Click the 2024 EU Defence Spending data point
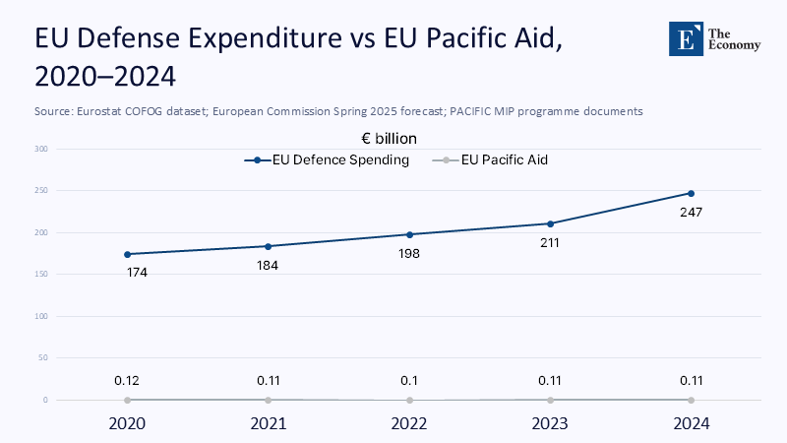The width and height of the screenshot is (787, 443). [x=691, y=193]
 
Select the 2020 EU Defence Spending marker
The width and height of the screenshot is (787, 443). [x=128, y=254]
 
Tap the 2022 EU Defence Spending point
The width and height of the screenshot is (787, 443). [x=409, y=234]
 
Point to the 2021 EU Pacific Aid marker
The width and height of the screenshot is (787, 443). [x=269, y=400]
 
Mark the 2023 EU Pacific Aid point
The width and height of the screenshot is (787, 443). [x=550, y=400]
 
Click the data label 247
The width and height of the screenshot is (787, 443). [x=691, y=212]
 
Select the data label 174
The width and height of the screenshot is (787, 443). [x=138, y=273]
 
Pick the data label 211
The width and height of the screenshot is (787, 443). [x=550, y=242]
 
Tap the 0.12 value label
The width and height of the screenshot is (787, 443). [x=128, y=380]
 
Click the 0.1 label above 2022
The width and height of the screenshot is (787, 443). [x=409, y=380]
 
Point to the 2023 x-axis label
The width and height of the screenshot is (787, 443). [x=550, y=424]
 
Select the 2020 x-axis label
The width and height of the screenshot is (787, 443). [x=128, y=424]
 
